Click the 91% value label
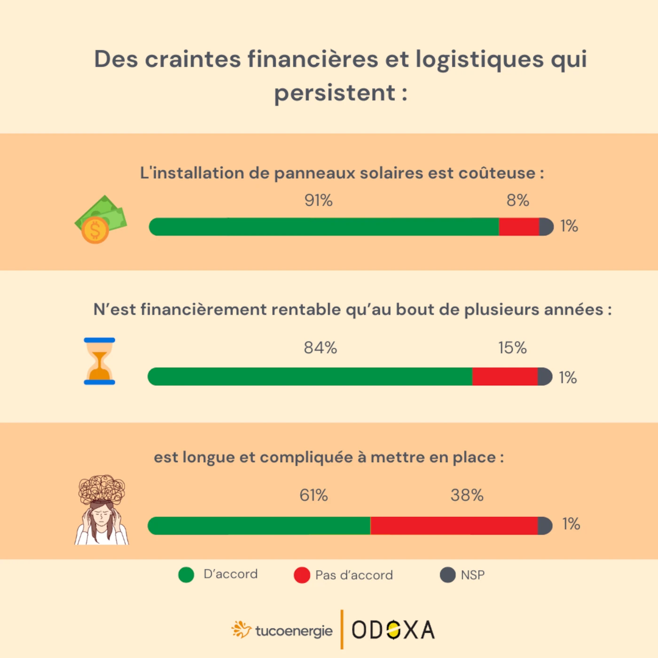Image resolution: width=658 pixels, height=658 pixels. point(318,201)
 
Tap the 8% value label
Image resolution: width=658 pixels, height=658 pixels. point(517,201)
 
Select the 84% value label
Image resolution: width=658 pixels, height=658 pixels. point(320,348)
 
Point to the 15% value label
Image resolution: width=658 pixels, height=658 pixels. point(512,348)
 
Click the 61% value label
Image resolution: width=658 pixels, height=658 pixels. point(313,495)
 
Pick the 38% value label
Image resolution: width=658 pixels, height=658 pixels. point(467,495)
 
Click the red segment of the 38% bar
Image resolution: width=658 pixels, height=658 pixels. point(454,526)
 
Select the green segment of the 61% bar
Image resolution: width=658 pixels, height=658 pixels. point(259,526)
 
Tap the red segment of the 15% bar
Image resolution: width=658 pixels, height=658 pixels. point(505,377)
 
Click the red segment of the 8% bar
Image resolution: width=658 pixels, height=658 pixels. point(519,227)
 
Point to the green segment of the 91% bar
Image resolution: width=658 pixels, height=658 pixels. point(324,227)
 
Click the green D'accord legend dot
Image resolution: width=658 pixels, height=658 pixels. point(186,575)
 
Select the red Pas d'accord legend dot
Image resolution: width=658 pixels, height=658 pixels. point(302,575)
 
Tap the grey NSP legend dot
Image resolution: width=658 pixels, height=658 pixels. point(447,575)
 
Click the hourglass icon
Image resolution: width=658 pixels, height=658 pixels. point(100,361)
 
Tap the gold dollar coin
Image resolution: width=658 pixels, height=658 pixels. point(95,231)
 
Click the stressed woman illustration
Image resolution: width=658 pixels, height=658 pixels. point(102,510)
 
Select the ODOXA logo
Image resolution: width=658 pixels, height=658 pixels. point(393,630)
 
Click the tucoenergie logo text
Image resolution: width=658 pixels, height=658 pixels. point(294,631)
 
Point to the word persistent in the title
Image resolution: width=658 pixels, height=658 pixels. point(334,93)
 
